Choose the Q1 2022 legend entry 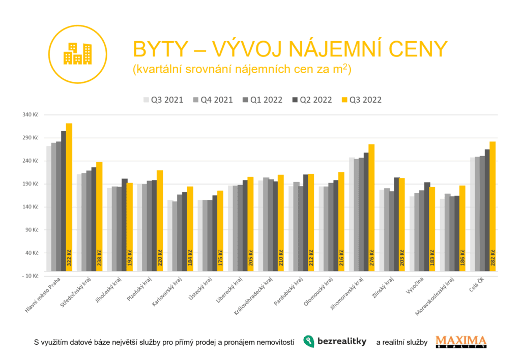(261, 100)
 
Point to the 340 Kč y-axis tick (31, 115)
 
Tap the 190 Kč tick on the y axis (31, 184)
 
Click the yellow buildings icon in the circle (77, 53)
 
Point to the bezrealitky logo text (342, 342)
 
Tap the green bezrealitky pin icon (308, 342)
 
